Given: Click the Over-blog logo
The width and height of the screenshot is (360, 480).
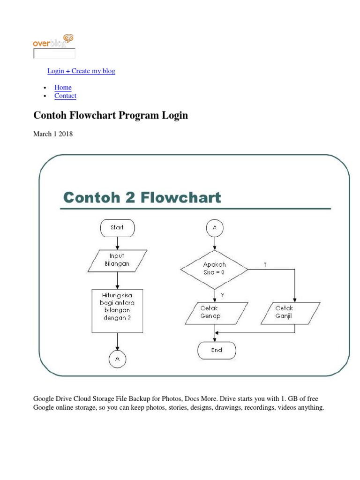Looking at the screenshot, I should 53,41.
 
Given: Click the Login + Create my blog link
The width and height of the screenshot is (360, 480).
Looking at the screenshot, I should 81,71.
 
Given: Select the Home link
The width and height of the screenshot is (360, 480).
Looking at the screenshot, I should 63,87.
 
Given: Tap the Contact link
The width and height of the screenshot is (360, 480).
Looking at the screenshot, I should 65,96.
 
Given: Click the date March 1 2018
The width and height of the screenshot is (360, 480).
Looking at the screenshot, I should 52,134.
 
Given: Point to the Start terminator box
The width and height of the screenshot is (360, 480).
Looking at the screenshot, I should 117,228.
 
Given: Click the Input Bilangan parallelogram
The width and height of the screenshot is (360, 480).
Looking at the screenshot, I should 117,260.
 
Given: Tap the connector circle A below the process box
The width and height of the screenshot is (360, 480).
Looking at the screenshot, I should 117,359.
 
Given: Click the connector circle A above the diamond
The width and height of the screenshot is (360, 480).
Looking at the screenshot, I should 215,228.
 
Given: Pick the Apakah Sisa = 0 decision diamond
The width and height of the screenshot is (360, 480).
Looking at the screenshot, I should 215,269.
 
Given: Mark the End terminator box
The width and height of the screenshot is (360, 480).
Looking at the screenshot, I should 217,350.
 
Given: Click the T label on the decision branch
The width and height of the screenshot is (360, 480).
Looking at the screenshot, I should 265,265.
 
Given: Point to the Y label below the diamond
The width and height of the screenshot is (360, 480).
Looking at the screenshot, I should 222,295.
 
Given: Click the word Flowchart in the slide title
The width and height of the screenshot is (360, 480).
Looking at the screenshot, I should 182,198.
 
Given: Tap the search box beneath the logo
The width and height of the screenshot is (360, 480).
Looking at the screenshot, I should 54,53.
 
